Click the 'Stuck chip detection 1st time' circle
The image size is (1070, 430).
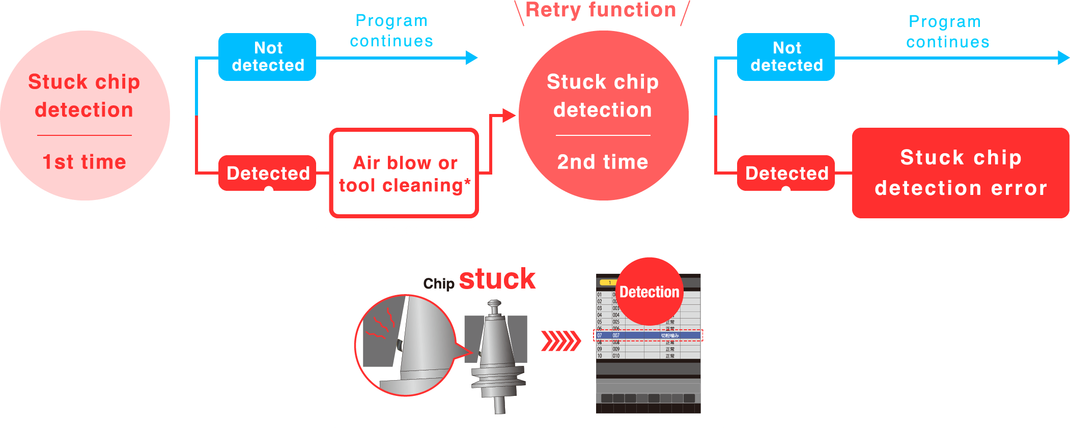click(x=85, y=116)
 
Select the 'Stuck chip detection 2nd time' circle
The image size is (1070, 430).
click(x=603, y=116)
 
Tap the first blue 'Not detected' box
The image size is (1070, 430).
click(x=267, y=57)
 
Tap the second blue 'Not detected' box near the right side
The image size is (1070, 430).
click(x=786, y=57)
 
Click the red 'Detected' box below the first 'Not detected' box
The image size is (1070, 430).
click(x=267, y=173)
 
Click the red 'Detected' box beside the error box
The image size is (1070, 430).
click(x=786, y=173)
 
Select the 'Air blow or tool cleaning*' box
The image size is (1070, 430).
click(x=404, y=174)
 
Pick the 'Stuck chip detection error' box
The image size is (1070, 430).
click(x=961, y=173)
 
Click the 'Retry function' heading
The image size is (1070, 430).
click(x=601, y=10)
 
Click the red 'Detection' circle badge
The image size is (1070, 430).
click(x=649, y=292)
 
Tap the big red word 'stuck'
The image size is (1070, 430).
click(x=497, y=279)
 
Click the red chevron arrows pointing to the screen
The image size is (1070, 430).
click(x=560, y=341)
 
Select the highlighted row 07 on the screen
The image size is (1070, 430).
click(x=648, y=335)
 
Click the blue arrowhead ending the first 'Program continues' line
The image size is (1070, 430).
click(x=472, y=58)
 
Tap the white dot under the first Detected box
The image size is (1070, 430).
click(x=269, y=191)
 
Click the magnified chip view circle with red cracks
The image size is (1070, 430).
click(x=405, y=345)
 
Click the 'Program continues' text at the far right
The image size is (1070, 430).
click(x=947, y=32)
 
